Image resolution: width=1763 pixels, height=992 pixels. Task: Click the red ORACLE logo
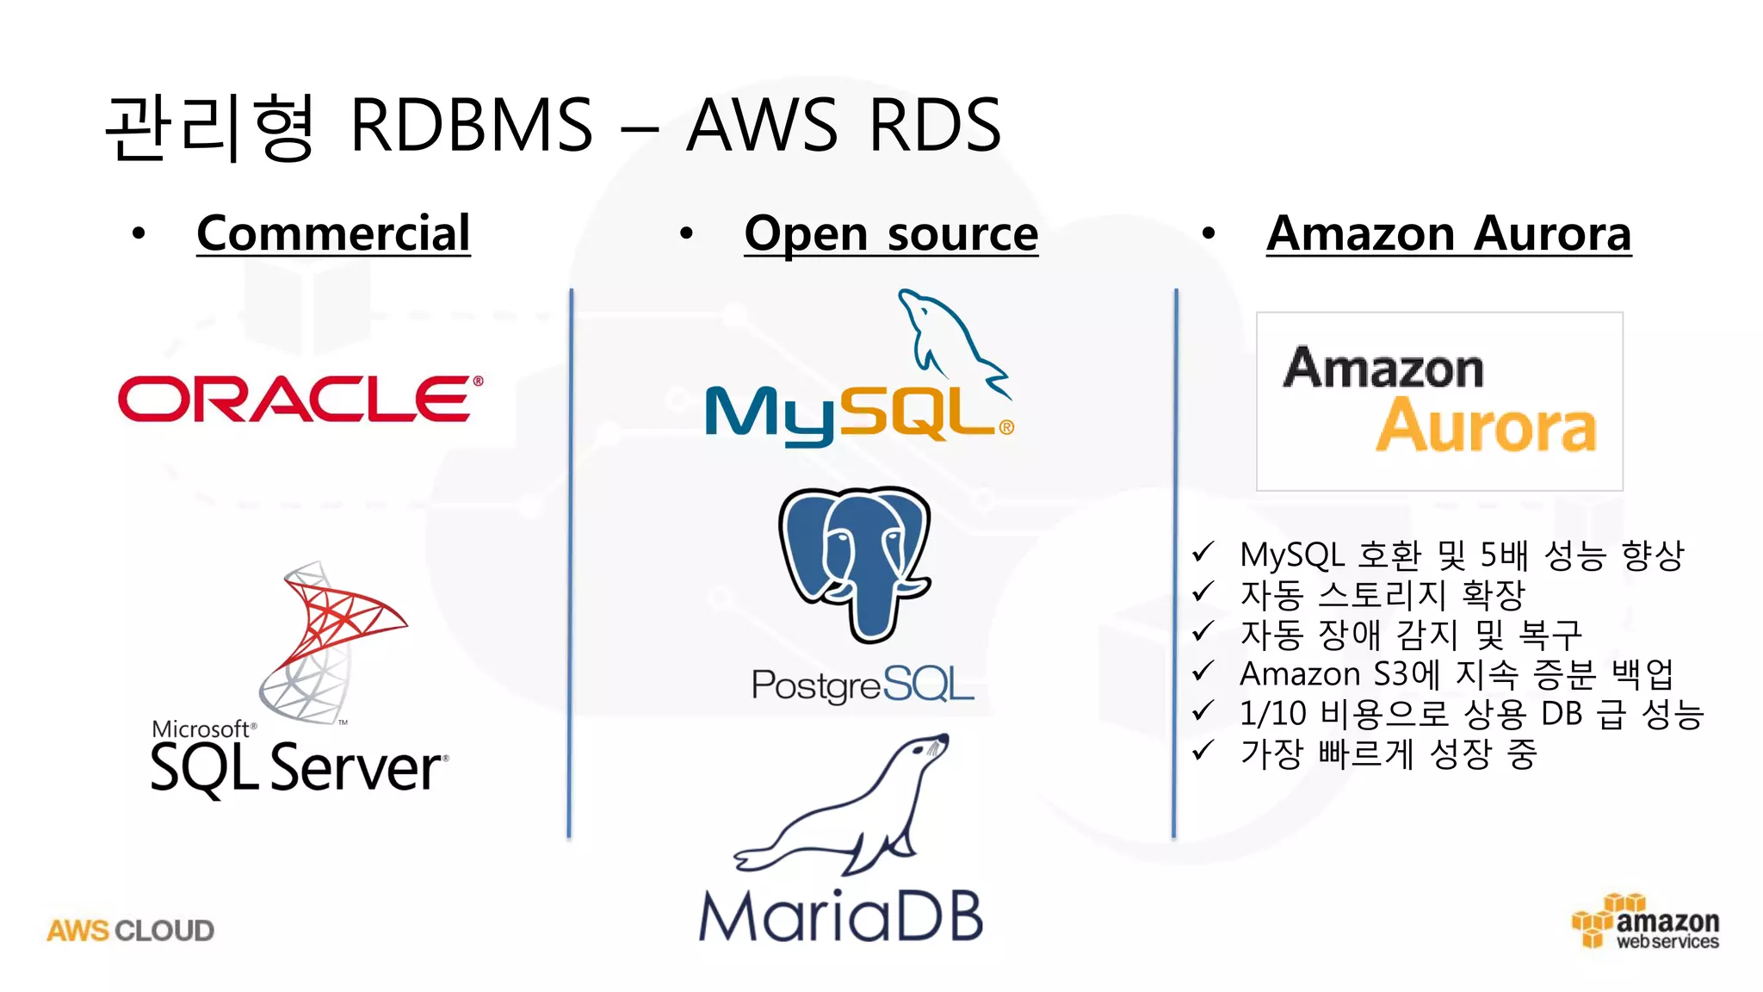point(300,399)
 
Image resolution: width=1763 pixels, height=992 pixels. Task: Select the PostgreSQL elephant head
point(856,560)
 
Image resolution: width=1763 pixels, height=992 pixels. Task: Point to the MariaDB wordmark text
point(840,916)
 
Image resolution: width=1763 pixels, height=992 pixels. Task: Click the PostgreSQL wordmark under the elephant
point(862,685)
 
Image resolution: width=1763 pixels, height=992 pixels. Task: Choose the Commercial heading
point(333,233)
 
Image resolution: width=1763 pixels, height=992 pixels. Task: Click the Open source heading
point(891,233)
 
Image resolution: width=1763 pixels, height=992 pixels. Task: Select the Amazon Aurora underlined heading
point(1448,233)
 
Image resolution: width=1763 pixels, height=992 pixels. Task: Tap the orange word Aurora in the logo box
point(1485,426)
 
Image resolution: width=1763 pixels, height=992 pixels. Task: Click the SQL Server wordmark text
point(298,768)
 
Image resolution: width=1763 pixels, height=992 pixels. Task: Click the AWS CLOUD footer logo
point(130,931)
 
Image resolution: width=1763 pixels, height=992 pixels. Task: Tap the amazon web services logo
point(1646,923)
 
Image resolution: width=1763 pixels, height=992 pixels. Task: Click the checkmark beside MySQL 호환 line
point(1203,552)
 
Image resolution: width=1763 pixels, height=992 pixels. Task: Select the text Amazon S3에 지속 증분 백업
point(1456,674)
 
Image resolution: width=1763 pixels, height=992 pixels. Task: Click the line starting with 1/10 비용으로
point(1471,714)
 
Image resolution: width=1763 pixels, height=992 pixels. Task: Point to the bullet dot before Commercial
point(139,233)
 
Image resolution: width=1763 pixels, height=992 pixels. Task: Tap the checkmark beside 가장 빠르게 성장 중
point(1203,751)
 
